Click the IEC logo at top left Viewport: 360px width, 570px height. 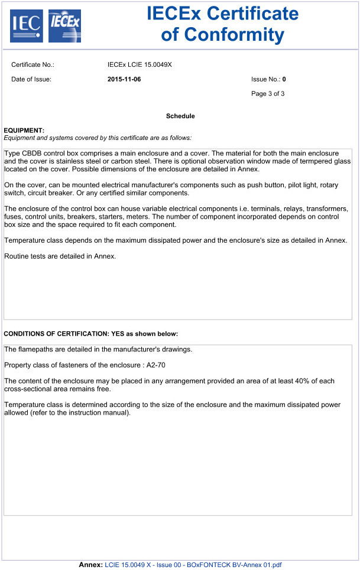click(x=27, y=25)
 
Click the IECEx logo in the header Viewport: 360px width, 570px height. click(x=64, y=25)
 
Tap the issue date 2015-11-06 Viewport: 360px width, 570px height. click(x=124, y=79)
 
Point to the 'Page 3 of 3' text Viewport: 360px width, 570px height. click(x=268, y=93)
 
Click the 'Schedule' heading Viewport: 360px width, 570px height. click(x=180, y=116)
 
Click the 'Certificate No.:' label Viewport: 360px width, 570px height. click(x=33, y=65)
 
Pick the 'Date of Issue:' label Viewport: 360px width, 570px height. click(x=31, y=79)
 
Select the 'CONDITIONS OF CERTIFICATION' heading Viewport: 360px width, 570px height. click(x=63, y=334)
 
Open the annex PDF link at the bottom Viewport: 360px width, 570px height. click(x=193, y=565)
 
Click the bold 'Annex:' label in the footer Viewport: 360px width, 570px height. click(x=91, y=565)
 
